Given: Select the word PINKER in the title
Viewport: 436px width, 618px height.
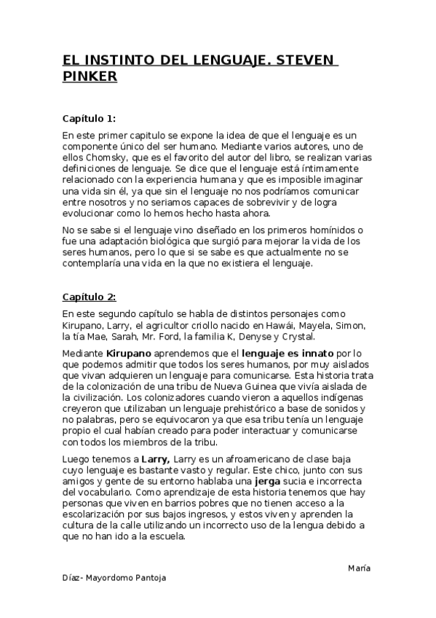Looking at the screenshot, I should click(90, 77).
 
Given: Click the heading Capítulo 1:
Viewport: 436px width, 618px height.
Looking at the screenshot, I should click(89, 118).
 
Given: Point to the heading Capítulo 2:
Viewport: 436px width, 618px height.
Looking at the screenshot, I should click(89, 297).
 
